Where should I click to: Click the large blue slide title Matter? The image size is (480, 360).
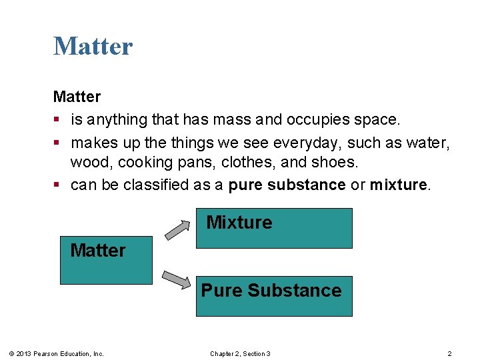coord(93,46)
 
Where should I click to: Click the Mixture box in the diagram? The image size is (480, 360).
coord(273,228)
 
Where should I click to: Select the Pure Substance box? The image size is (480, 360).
coord(273,295)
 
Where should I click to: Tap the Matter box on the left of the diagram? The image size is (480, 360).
coord(106,260)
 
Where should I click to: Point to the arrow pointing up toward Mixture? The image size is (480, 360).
coord(177,229)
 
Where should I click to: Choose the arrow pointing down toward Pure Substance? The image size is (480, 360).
coord(177,279)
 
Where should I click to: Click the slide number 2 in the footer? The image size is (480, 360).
coord(449,353)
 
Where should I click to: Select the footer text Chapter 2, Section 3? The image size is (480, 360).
coord(240,353)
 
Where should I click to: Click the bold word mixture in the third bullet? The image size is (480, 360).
coord(399,185)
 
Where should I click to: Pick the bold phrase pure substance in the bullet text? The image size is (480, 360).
coord(287,185)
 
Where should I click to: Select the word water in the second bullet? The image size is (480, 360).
coord(430,143)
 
